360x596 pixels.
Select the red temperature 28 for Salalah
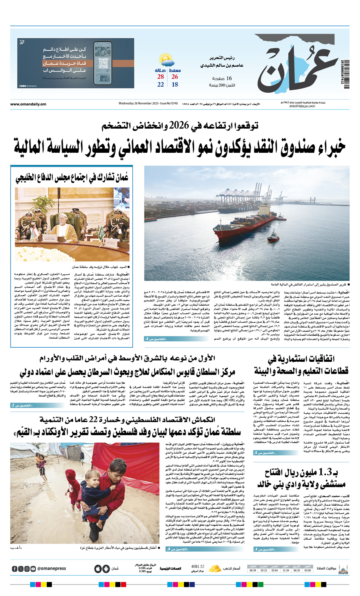pos(160,77)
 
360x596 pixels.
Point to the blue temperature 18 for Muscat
pos(175,85)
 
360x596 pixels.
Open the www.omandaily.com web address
pos(28,104)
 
